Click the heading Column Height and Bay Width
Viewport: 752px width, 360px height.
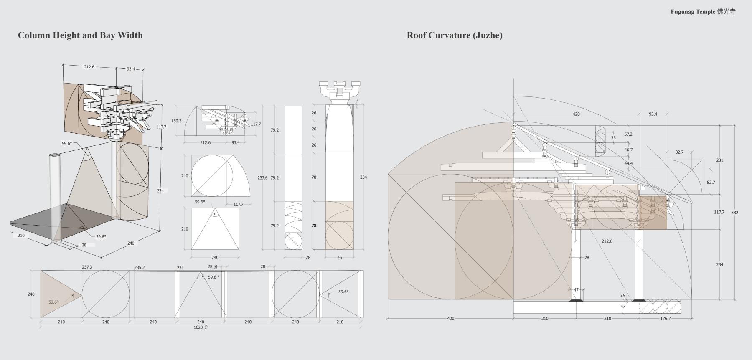coord(80,35)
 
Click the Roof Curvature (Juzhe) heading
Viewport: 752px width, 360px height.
coord(455,35)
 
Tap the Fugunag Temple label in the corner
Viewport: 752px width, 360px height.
coord(703,12)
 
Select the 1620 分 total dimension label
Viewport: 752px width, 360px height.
coord(201,327)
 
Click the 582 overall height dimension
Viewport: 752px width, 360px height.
coord(734,213)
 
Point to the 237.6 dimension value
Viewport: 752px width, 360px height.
coord(262,178)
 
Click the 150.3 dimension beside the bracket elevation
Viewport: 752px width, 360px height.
coord(176,121)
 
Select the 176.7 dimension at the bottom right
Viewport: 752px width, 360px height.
coord(665,319)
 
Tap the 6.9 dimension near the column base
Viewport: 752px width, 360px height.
coord(622,295)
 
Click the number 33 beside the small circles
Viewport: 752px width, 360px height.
coord(613,138)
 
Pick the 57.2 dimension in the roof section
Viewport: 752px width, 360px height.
coord(628,134)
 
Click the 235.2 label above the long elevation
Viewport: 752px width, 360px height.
coord(140,267)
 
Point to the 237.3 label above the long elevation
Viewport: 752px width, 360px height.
coord(87,267)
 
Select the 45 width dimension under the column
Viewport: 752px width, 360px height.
coord(339,257)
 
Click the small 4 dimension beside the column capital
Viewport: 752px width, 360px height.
coord(358,101)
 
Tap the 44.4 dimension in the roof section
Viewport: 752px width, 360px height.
coord(628,163)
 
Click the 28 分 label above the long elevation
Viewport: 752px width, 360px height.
coord(213,266)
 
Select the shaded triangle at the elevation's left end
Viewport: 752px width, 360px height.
coord(57,294)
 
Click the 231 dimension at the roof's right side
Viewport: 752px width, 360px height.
coord(719,160)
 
